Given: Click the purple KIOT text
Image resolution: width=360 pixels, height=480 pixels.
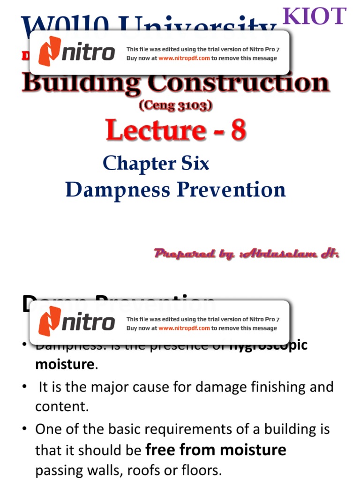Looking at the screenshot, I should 315,17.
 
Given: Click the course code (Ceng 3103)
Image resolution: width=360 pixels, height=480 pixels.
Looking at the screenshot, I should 176,106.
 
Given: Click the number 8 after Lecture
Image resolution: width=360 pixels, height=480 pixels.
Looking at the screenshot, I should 237,130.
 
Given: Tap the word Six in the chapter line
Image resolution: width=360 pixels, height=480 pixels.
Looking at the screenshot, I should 192,164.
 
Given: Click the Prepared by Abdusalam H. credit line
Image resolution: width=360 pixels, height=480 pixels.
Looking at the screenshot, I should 247,254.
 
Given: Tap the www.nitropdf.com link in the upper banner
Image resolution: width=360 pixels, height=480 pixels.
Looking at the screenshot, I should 184,59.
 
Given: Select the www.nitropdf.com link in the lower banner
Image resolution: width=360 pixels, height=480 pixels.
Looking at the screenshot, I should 184,328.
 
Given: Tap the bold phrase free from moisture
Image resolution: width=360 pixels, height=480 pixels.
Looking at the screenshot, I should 216,450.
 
